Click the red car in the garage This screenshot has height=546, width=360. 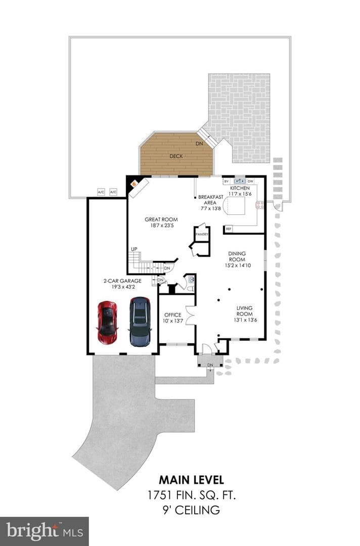click(108, 323)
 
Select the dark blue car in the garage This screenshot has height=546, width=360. click(140, 322)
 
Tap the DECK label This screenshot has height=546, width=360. click(176, 156)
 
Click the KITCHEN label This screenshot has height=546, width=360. click(240, 188)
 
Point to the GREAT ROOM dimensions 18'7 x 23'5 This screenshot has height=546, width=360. click(161, 225)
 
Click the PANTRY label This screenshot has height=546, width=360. click(202, 235)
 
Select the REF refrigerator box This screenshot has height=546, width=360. click(229, 229)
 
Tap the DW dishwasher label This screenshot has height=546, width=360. click(250, 181)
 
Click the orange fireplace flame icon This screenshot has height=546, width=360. click(133, 183)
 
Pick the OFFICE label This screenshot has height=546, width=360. click(173, 315)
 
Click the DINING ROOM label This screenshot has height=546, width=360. click(237, 256)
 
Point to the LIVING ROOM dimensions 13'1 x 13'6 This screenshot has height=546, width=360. click(245, 320)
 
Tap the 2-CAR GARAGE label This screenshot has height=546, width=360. click(122, 281)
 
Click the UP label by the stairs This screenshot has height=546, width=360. click(134, 249)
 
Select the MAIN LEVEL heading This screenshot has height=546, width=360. click(191, 480)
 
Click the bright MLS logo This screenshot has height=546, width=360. click(44, 531)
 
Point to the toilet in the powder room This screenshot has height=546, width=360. click(191, 288)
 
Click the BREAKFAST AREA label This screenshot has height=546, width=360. click(210, 200)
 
